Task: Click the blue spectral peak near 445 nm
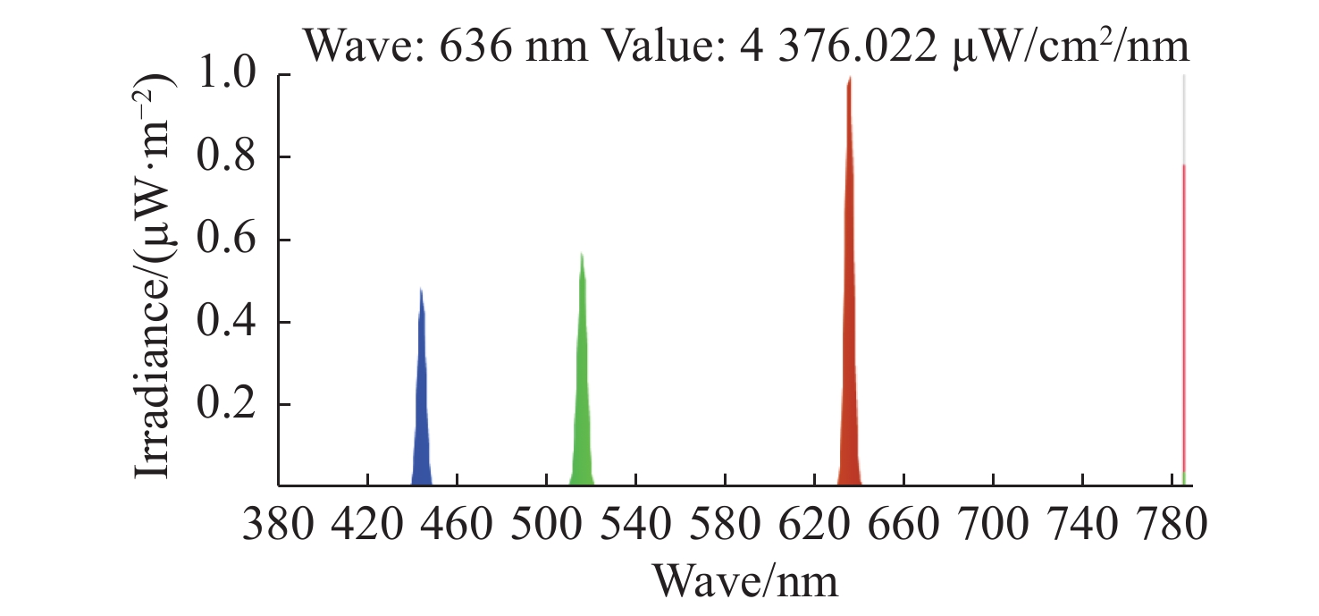pyautogui.click(x=421, y=402)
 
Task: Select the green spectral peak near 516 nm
pyautogui.click(x=582, y=384)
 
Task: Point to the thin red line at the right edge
pyautogui.click(x=1183, y=313)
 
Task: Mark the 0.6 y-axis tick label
pyautogui.click(x=230, y=240)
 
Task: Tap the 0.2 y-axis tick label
pyautogui.click(x=230, y=404)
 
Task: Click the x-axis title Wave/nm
pyautogui.click(x=746, y=581)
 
